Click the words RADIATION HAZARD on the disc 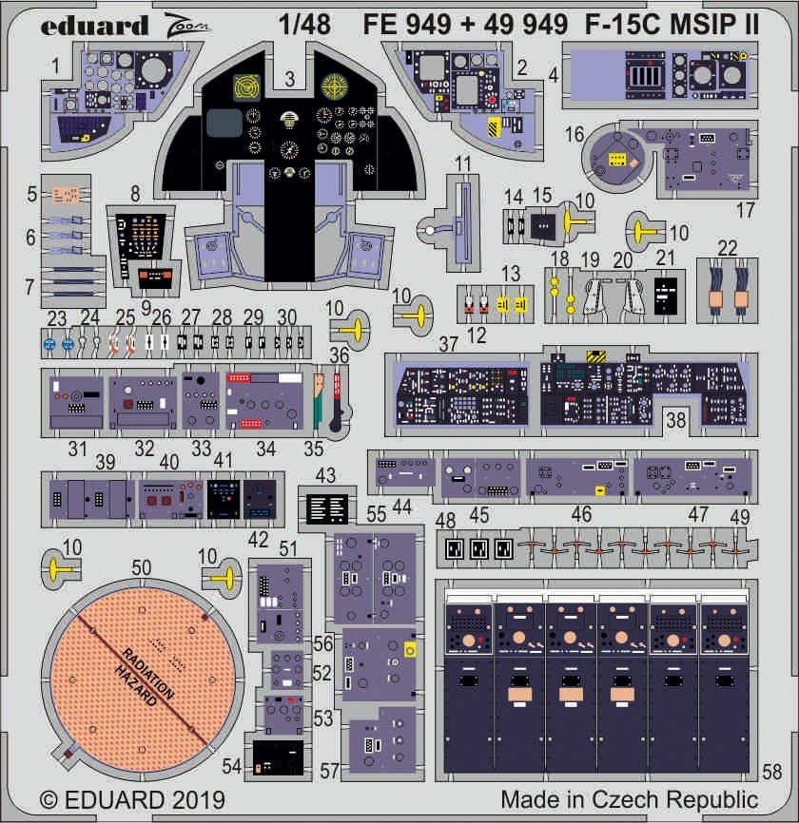(148, 675)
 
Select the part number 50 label (141, 567)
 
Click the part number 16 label (575, 135)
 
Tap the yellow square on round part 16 (617, 161)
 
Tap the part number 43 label (325, 473)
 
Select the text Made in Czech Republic (629, 798)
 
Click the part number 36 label (339, 354)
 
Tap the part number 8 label (135, 192)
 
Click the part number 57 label (328, 772)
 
